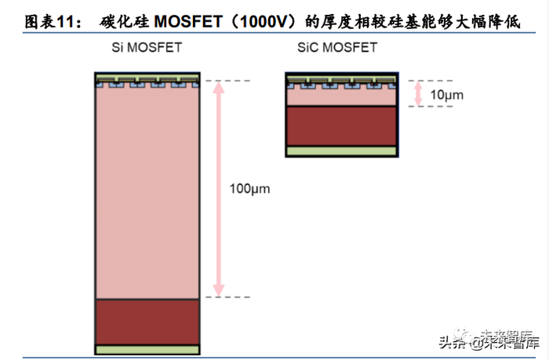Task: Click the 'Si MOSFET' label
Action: [146, 47]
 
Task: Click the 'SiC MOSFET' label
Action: [337, 47]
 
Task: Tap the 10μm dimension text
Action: [448, 95]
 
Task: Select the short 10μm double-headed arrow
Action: [418, 93]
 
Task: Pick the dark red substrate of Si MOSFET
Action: [147, 321]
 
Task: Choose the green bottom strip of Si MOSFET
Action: [147, 349]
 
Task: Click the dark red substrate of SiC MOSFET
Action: [341, 125]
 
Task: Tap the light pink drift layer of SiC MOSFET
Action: [341, 98]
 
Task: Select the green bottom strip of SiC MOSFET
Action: [341, 151]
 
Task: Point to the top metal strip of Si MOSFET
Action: [147, 77]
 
